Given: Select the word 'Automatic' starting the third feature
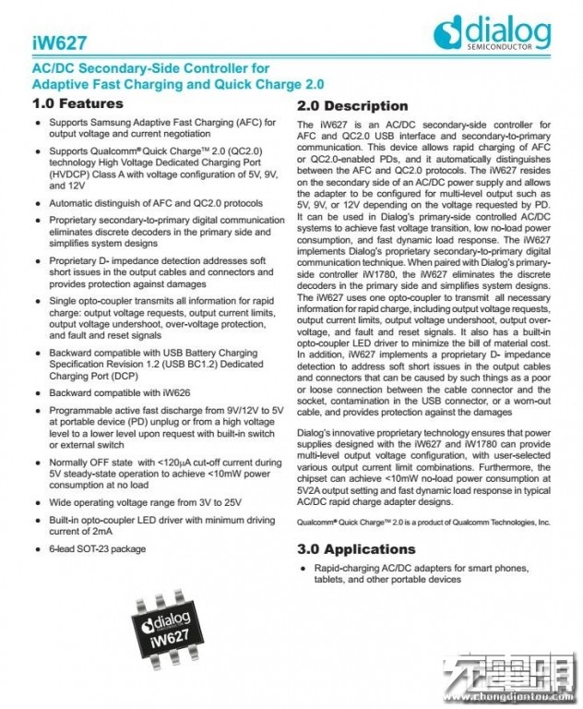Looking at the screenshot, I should [x=74, y=203].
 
